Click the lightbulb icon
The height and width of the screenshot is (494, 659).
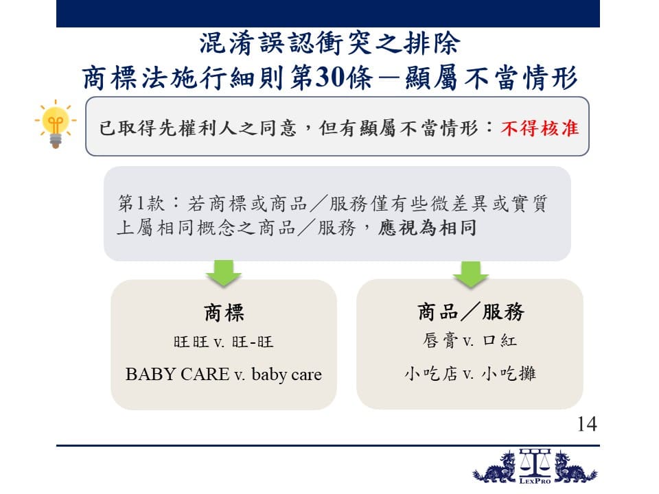click(x=56, y=123)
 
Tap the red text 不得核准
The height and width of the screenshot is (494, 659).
click(x=540, y=128)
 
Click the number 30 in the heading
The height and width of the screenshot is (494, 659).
click(x=329, y=78)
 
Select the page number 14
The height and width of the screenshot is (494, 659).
click(x=587, y=424)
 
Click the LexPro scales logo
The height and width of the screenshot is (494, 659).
click(x=535, y=467)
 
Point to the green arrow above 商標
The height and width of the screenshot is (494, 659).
click(x=224, y=274)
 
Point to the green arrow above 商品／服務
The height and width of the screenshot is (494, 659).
click(x=471, y=274)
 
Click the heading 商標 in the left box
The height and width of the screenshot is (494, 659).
click(x=224, y=313)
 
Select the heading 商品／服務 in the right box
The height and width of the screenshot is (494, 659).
click(x=471, y=312)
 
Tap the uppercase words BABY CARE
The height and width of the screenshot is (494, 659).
click(x=177, y=374)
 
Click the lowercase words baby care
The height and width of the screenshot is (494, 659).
click(x=287, y=374)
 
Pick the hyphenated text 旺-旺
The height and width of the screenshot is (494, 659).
click(x=253, y=342)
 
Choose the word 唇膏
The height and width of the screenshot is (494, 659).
click(x=439, y=340)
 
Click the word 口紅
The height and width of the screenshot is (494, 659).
click(x=500, y=340)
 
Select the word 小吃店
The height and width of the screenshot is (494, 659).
click(x=431, y=373)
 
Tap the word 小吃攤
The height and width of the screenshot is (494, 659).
click(x=509, y=373)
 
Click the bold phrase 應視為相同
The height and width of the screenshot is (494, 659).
click(x=427, y=228)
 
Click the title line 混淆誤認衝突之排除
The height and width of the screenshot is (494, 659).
click(x=329, y=43)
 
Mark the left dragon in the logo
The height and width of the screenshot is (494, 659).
click(x=495, y=467)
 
